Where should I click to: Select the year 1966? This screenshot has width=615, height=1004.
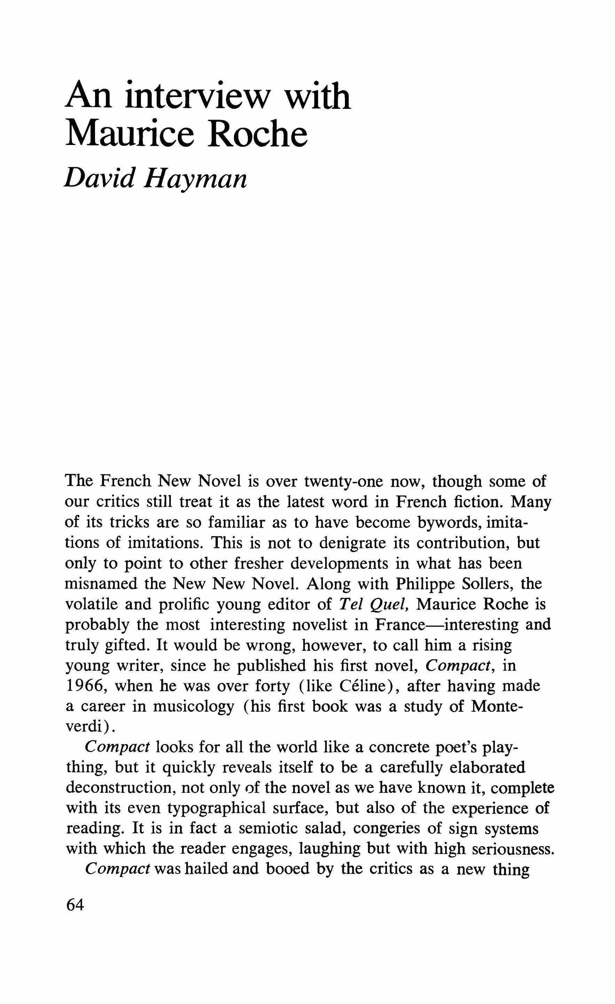coord(86,686)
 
